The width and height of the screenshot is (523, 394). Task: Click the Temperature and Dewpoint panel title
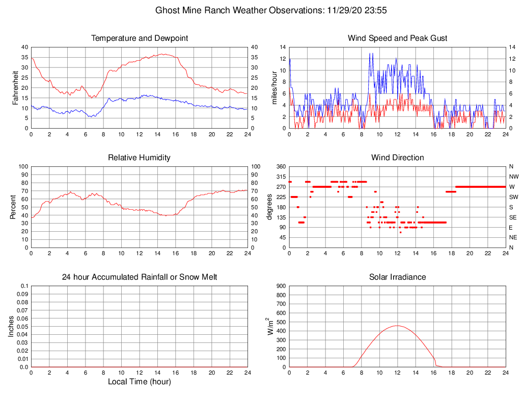[x=140, y=38]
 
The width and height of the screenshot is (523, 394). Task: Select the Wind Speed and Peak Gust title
[x=397, y=38]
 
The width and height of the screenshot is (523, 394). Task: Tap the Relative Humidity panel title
[x=140, y=158]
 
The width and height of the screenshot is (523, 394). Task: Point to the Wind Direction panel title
[x=397, y=158]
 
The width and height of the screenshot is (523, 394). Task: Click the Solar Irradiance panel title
[x=397, y=277]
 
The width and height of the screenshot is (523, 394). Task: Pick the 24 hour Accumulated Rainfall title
[x=140, y=277]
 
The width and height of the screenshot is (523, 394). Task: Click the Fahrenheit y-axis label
[x=16, y=87]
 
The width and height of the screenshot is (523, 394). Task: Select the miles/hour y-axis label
[x=274, y=87]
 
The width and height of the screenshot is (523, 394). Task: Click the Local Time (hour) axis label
[x=140, y=382]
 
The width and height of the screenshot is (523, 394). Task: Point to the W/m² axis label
[x=271, y=326]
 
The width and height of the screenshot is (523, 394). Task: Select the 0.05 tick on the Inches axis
[x=22, y=327]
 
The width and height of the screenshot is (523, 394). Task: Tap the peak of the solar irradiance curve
[x=397, y=326]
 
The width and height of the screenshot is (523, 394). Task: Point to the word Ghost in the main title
[x=167, y=10]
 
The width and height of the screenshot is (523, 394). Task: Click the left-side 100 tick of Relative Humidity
[x=23, y=166]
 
